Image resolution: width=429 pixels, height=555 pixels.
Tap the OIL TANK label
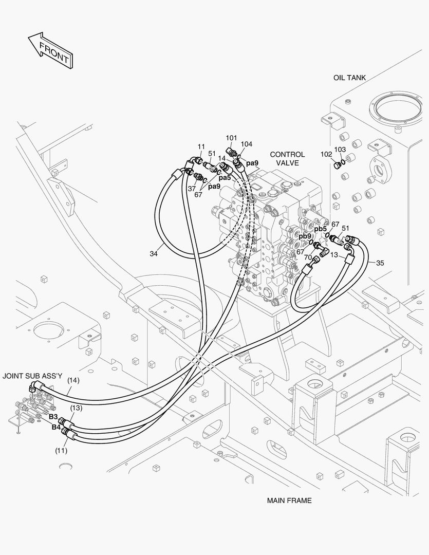[x=349, y=78]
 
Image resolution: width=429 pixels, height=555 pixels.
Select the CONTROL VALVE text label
[x=287, y=158]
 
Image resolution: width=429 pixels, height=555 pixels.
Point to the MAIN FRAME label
[x=289, y=500]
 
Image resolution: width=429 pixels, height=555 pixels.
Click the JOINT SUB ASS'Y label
[x=32, y=376]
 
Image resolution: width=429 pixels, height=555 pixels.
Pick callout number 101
[x=232, y=138]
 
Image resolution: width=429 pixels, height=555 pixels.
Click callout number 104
[x=247, y=144]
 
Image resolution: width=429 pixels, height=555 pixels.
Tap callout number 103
[x=340, y=149]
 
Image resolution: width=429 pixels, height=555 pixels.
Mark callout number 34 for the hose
[x=154, y=253]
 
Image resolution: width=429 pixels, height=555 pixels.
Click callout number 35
[x=380, y=263]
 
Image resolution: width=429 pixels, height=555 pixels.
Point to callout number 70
[x=308, y=257]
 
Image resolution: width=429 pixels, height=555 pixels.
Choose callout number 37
[x=192, y=189]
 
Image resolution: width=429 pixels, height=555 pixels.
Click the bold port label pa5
[x=225, y=178]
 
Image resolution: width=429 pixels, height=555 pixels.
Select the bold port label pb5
[x=321, y=229]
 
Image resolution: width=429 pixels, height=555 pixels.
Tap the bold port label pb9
[x=305, y=236]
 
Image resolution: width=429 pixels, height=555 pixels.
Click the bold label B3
[x=53, y=416]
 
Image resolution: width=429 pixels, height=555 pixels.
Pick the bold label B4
[x=56, y=427]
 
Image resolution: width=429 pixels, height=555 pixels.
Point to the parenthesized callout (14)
[x=73, y=380]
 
